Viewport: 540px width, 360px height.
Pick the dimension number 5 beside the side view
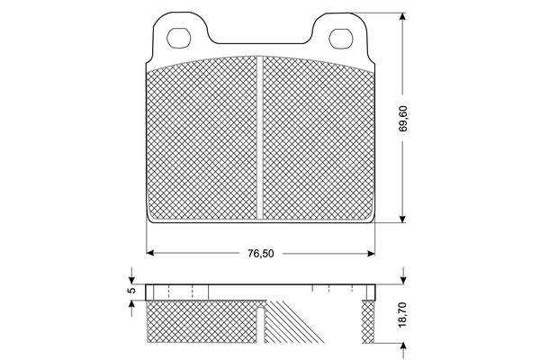(x=130, y=291)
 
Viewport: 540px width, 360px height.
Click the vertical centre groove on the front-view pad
(x=260, y=135)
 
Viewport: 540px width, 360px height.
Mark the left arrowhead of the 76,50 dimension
(x=150, y=252)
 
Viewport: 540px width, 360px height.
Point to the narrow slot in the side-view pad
(x=261, y=324)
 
